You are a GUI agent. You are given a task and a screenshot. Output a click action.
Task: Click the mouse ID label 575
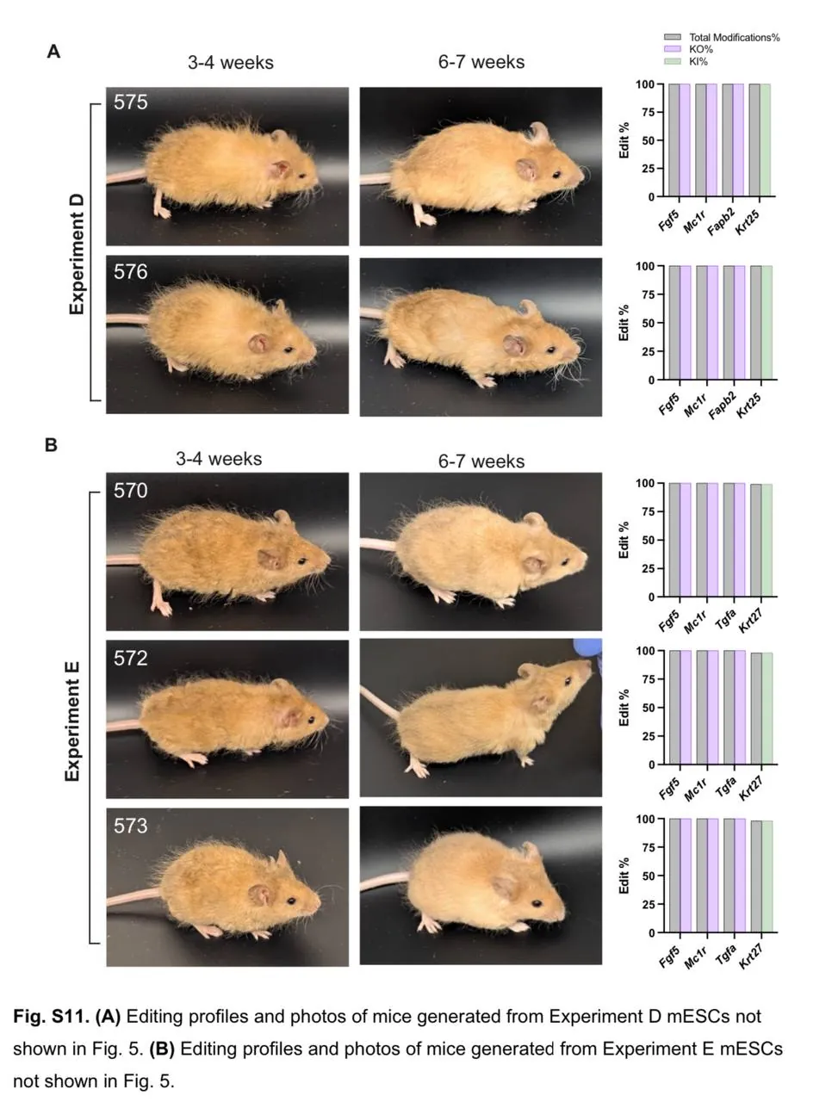tap(131, 102)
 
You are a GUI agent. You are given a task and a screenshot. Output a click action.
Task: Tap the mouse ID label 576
tap(131, 272)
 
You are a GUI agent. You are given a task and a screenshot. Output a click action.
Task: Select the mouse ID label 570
tap(131, 491)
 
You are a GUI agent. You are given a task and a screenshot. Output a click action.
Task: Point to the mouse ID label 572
tap(131, 659)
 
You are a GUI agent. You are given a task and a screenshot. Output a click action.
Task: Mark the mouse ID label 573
tap(131, 826)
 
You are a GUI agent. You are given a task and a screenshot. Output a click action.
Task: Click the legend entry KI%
tap(698, 61)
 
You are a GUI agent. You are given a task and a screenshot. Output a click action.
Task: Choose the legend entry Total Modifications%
tap(734, 38)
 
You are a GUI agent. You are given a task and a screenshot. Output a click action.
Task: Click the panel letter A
tap(53, 53)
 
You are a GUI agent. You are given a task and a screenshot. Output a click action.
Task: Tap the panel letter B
tap(52, 445)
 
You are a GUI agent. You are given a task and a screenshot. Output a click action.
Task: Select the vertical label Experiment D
tap(78, 254)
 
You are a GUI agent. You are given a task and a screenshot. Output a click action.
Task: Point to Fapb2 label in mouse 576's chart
tap(723, 406)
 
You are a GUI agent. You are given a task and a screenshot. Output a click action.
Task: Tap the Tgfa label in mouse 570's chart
tap(726, 618)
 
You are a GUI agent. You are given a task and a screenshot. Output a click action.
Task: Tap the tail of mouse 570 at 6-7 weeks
tap(378, 544)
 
